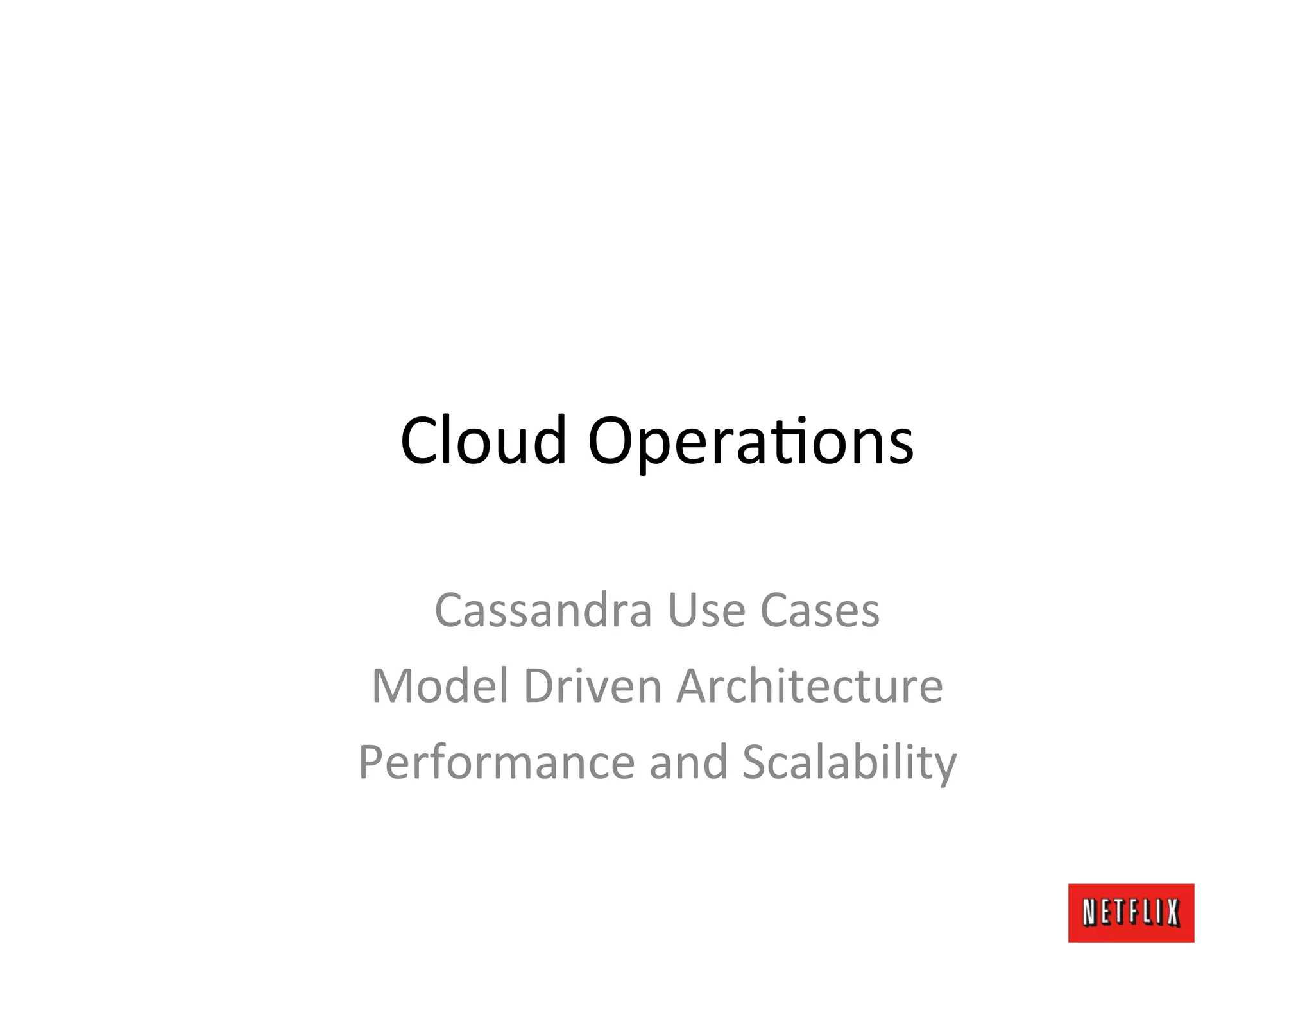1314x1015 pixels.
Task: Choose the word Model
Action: pyautogui.click(x=440, y=686)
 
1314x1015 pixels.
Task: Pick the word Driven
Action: pyautogui.click(x=592, y=686)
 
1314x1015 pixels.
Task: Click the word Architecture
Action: pyautogui.click(x=810, y=686)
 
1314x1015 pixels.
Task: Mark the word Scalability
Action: pyautogui.click(x=849, y=763)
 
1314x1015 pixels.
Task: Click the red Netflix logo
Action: pyautogui.click(x=1131, y=912)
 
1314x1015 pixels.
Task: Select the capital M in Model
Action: pyautogui.click(x=393, y=686)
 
